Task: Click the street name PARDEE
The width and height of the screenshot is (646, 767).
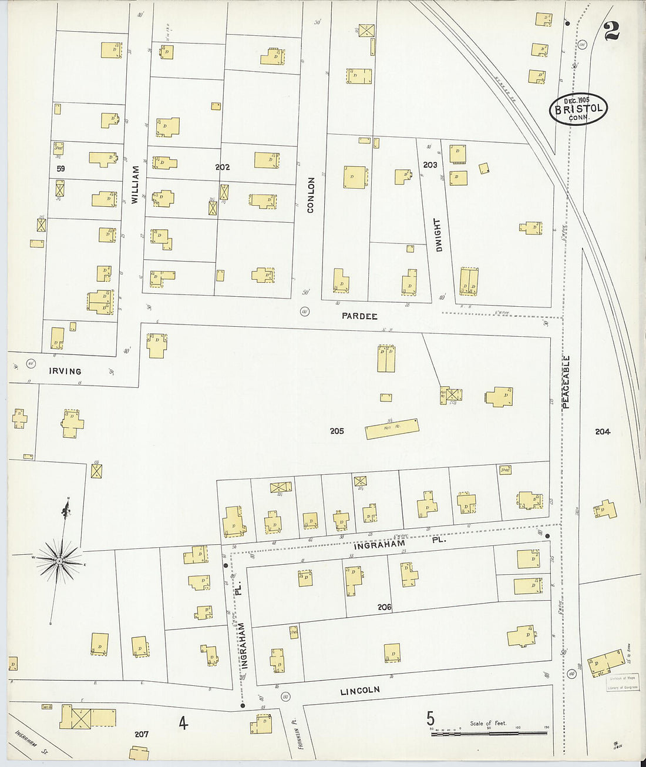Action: pos(359,316)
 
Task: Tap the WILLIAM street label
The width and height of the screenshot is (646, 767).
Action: pos(135,185)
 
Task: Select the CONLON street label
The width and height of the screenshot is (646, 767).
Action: pos(311,195)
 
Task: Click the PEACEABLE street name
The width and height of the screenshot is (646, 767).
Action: pos(566,381)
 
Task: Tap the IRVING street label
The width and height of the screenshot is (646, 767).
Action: pos(65,371)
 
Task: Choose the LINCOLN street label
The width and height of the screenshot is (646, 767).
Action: pos(360,691)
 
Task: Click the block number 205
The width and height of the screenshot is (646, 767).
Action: pos(337,431)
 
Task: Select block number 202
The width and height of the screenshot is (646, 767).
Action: pos(223,168)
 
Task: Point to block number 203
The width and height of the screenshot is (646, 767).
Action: pos(430,165)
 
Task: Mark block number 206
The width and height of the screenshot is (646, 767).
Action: pos(384,607)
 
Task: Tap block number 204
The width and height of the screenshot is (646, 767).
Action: pos(603,431)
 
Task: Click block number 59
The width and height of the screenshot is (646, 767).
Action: pos(60,169)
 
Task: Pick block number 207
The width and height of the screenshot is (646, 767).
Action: pos(142,734)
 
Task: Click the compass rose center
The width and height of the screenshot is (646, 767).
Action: pos(59,562)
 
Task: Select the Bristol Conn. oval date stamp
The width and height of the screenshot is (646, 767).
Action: pos(578,109)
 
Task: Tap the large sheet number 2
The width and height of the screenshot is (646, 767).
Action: pos(612,31)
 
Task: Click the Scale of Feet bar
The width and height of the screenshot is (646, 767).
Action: pos(489,733)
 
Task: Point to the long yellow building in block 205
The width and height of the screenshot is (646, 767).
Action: pos(392,429)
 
